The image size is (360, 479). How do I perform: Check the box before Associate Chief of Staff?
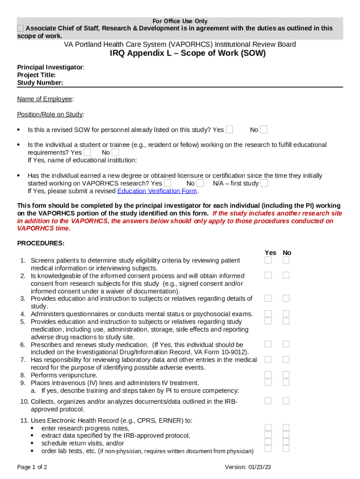coord(21,29)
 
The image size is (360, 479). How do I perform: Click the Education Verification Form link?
coord(157,191)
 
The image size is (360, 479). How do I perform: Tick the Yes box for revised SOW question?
coord(229,130)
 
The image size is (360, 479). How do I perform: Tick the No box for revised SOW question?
coord(264,130)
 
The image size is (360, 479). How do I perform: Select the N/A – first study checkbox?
coord(264,183)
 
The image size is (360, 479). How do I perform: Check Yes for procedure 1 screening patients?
coord(268,260)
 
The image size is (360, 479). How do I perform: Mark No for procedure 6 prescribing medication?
coord(286,344)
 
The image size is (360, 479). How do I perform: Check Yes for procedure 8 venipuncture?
coord(268,375)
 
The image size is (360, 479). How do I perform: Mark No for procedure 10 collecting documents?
coord(286,401)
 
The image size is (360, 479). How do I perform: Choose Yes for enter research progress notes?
coord(268,428)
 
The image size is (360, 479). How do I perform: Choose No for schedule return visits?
coord(286,442)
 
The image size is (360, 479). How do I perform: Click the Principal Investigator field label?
coord(50,67)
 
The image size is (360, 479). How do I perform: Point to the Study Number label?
coord(40,83)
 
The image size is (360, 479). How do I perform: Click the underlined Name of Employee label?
coord(45,99)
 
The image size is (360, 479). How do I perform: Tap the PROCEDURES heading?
coord(41,243)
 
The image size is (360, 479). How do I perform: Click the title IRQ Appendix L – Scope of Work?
coord(187,53)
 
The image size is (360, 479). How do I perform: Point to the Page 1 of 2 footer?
coord(32,467)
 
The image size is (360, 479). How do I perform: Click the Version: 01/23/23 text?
coord(248,467)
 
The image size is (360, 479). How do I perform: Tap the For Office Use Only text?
coord(180,21)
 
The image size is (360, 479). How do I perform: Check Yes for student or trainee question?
coord(87,152)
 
